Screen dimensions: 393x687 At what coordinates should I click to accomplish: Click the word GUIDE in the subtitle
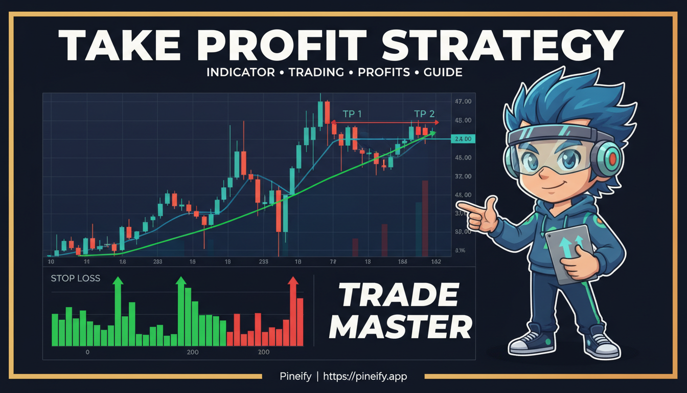coord(443,72)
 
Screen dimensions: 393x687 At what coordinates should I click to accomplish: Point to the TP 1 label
coord(352,114)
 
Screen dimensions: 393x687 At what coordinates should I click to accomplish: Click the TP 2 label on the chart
coord(424,114)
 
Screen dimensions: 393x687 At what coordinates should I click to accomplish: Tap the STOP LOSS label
coord(76,279)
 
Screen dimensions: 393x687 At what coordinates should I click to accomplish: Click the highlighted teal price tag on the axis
coord(464,139)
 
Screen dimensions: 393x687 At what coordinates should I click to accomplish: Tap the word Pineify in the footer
coord(295,376)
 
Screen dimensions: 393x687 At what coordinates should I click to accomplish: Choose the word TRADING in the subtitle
coord(316,72)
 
